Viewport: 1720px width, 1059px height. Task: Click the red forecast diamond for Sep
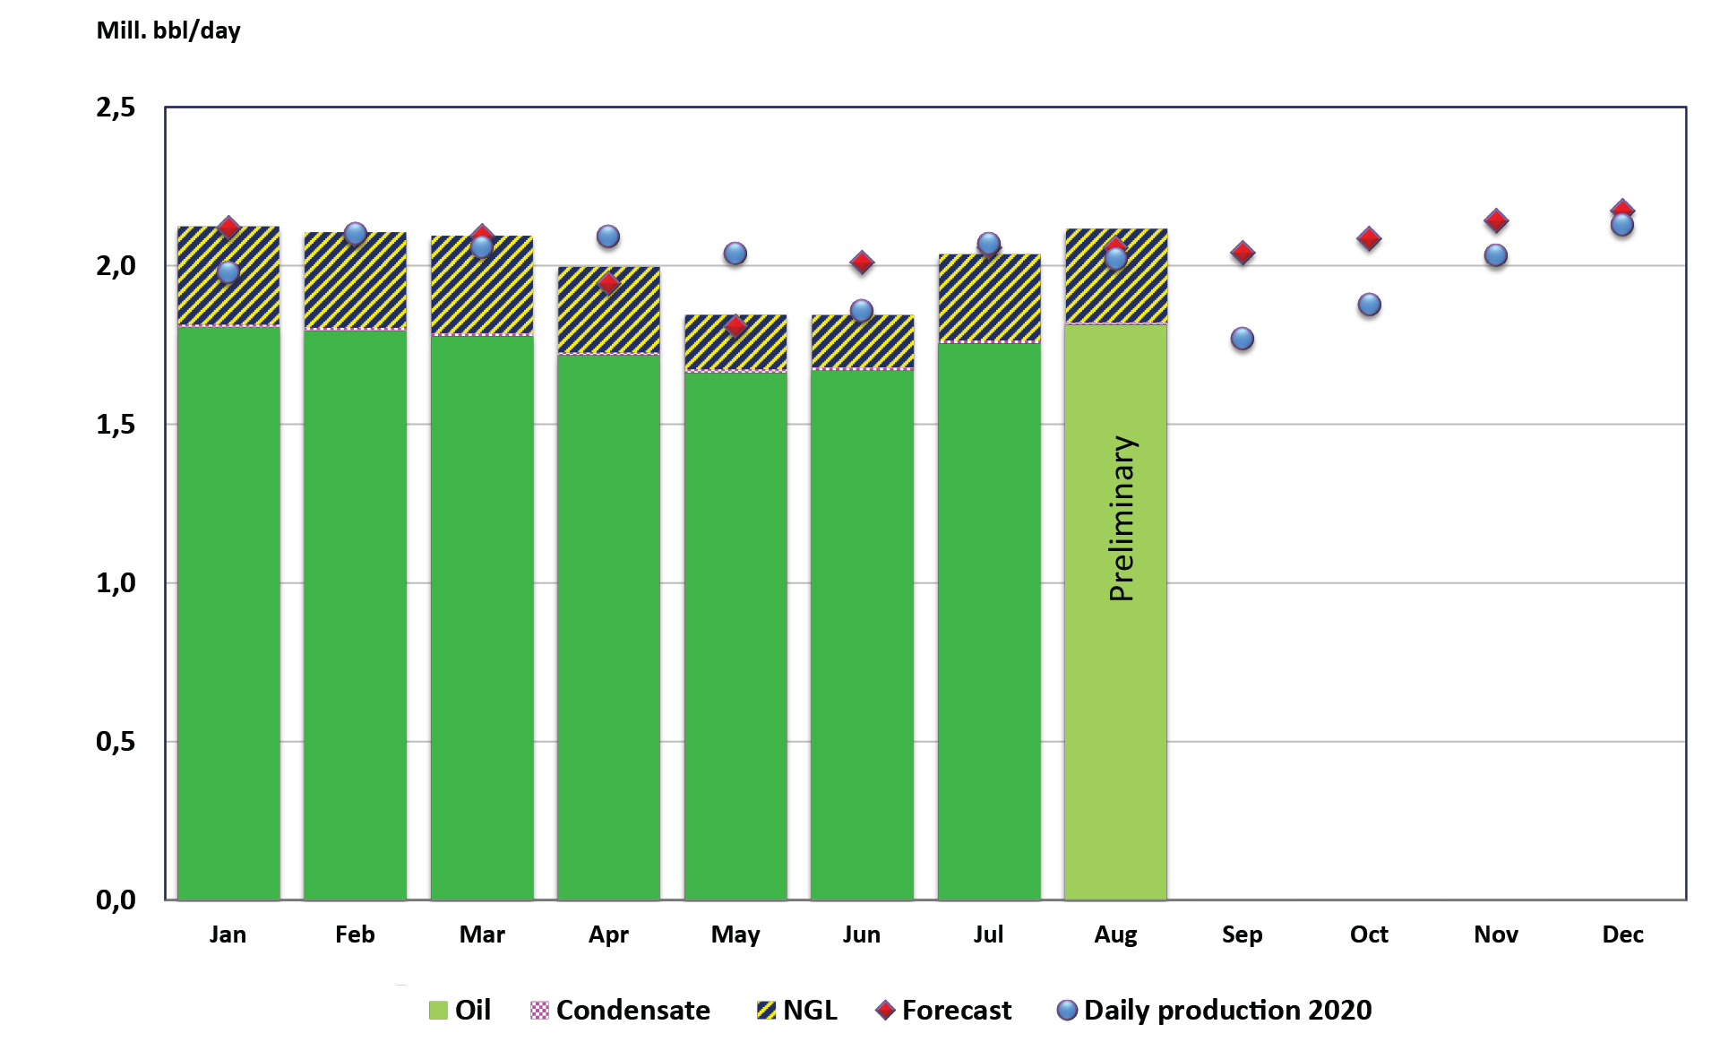(1243, 253)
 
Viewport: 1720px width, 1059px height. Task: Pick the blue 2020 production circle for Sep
(1243, 339)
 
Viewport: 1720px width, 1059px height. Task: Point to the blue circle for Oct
(1369, 305)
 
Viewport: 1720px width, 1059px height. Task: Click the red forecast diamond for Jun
(862, 263)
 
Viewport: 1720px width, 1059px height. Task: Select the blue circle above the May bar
(735, 254)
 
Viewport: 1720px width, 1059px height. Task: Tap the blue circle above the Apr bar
(608, 237)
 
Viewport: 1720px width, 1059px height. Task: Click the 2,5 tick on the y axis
(116, 108)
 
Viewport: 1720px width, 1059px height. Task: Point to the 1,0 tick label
(116, 583)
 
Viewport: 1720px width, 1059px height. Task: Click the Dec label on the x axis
(1622, 934)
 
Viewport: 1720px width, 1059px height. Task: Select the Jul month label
(988, 934)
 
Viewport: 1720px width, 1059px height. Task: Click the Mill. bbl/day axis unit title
(168, 30)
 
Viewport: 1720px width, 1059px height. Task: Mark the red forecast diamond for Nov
(1496, 220)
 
